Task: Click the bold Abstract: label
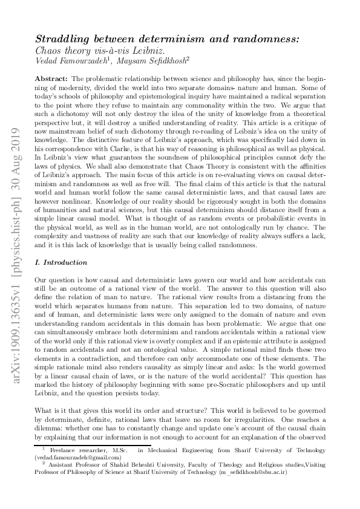click(51, 79)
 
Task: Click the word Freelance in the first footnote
click(64, 451)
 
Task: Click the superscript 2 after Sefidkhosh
click(205, 58)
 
